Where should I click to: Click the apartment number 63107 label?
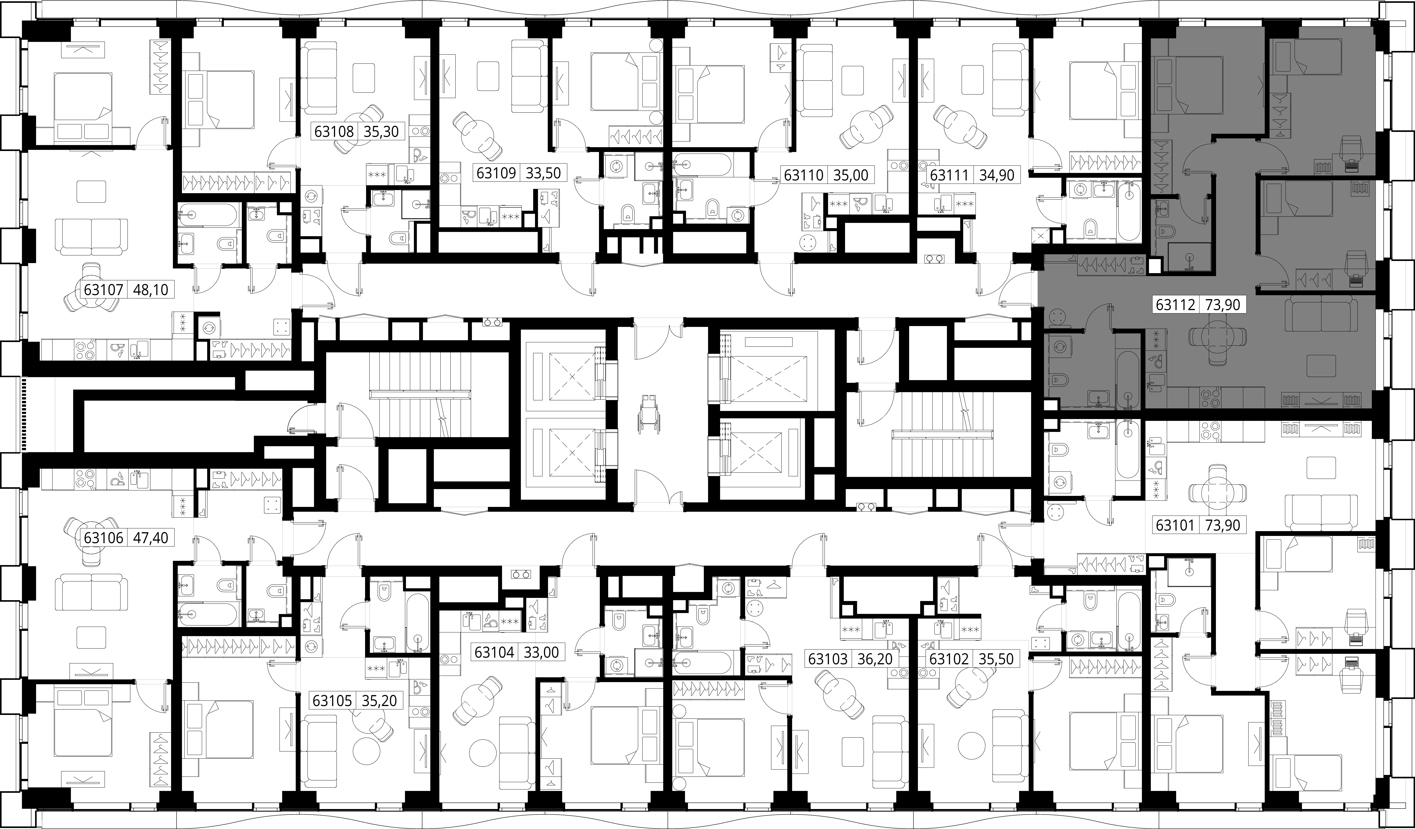(x=103, y=290)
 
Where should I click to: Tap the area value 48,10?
(x=150, y=290)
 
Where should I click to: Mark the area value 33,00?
(x=541, y=652)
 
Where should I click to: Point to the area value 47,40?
(x=150, y=537)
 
